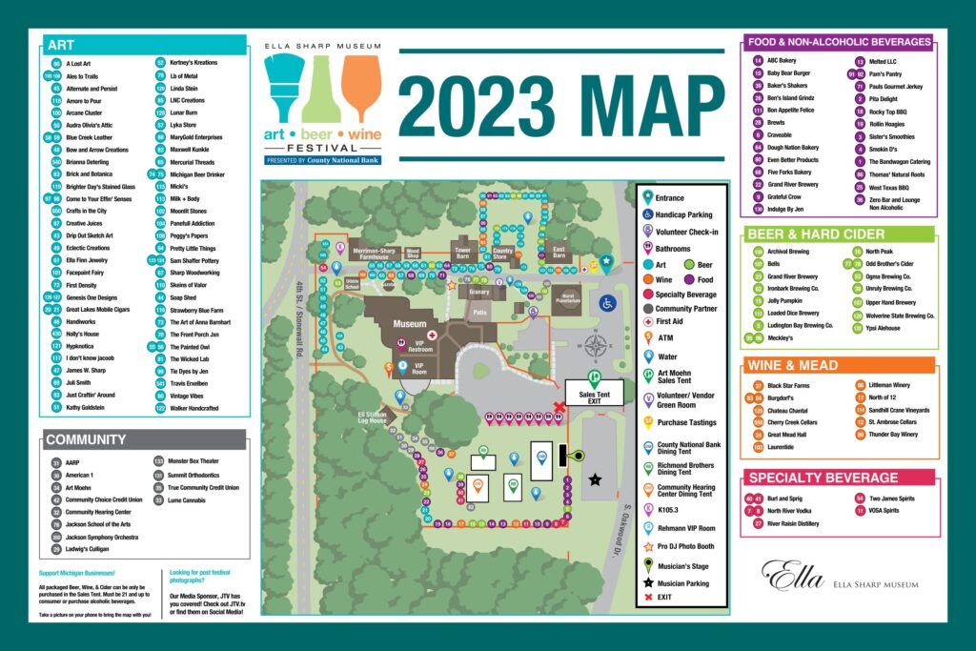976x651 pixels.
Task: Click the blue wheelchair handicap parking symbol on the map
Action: pyautogui.click(x=606, y=303)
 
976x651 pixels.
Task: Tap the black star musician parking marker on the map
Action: pyautogui.click(x=597, y=479)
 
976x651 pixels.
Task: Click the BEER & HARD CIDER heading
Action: pyautogui.click(x=816, y=234)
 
